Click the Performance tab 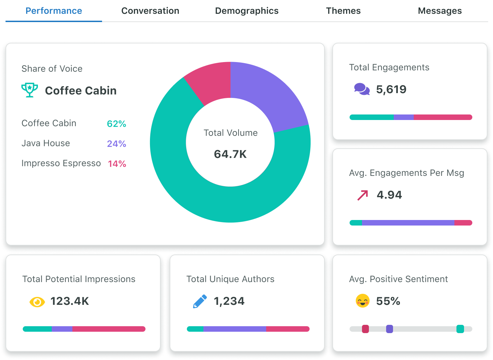point(54,11)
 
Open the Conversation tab point(150,11)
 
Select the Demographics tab point(246,11)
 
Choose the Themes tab point(343,11)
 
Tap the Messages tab point(440,11)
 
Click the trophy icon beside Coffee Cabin point(30,90)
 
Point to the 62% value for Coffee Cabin point(117,124)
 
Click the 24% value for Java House point(117,144)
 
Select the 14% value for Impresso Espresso point(117,164)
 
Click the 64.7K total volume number point(230,154)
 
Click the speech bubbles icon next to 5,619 point(362,89)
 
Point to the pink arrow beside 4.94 point(363,195)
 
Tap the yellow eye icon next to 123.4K point(37,302)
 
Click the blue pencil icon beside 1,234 point(200,301)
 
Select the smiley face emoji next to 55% point(362,301)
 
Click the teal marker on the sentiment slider point(460,329)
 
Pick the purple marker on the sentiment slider point(389,329)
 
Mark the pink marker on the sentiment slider point(365,329)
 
